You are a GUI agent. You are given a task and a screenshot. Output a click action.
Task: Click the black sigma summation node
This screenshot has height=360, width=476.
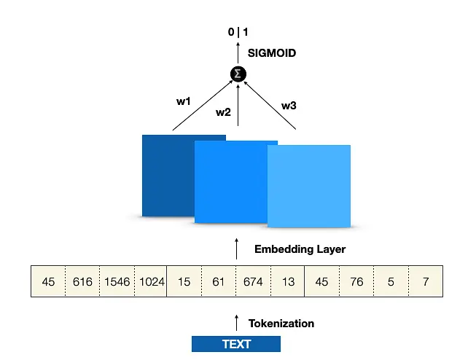pyautogui.click(x=238, y=74)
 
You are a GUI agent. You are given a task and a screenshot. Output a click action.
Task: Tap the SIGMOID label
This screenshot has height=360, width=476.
pyautogui.click(x=272, y=53)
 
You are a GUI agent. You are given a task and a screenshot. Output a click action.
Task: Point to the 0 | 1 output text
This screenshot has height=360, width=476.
pyautogui.click(x=238, y=32)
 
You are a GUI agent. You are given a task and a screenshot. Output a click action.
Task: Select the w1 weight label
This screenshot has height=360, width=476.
pyautogui.click(x=184, y=101)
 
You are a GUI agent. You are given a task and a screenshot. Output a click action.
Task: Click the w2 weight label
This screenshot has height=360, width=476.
pyautogui.click(x=223, y=112)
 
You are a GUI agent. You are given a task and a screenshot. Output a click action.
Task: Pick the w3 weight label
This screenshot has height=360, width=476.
pyautogui.click(x=289, y=106)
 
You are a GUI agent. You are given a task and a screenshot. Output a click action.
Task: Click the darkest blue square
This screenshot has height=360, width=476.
pyautogui.click(x=168, y=176)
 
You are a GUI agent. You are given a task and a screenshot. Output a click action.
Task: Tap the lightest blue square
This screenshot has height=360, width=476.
pyautogui.click(x=309, y=186)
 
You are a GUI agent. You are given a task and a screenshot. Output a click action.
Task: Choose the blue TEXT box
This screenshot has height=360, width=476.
pyautogui.click(x=236, y=344)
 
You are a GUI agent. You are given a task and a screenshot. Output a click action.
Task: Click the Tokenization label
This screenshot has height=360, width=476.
pyautogui.click(x=281, y=324)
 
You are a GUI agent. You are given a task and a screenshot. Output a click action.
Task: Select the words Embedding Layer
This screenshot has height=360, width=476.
pyautogui.click(x=300, y=249)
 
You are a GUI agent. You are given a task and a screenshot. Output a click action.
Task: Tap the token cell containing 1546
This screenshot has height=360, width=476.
pyautogui.click(x=117, y=281)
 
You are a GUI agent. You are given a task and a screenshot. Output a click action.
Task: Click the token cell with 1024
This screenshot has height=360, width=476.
pyautogui.click(x=151, y=281)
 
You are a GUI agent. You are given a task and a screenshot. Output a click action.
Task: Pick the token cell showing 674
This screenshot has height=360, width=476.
pyautogui.click(x=253, y=281)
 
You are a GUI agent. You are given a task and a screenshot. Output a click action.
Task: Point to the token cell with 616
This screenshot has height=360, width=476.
pyautogui.click(x=82, y=281)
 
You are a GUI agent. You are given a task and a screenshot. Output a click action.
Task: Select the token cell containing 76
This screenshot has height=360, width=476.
pyautogui.click(x=356, y=281)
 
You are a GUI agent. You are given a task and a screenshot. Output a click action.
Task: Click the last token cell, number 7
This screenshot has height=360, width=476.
pyautogui.click(x=426, y=281)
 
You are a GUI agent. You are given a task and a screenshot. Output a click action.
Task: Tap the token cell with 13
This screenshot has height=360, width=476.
pyautogui.click(x=288, y=281)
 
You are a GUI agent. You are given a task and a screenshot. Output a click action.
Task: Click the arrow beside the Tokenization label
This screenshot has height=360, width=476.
pyautogui.click(x=236, y=323)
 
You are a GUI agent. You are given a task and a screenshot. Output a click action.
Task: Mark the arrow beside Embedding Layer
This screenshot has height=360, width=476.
pyautogui.click(x=236, y=249)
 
